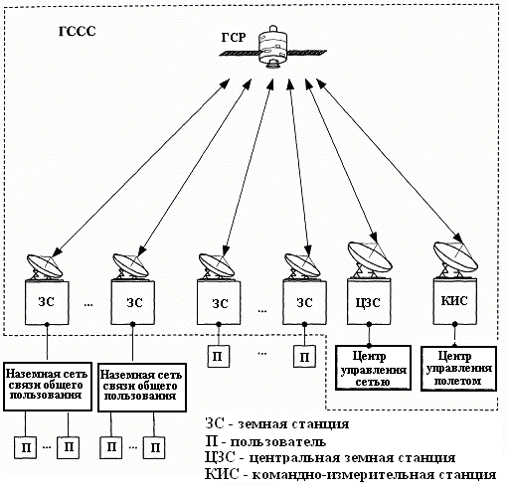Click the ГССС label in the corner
(78, 31)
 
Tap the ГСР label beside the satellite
(234, 38)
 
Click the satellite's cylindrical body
(272, 47)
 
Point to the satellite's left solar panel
(239, 53)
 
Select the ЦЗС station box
(369, 301)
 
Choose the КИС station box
(455, 301)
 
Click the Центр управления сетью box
(374, 368)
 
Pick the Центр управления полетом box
(459, 369)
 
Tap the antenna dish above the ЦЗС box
(370, 256)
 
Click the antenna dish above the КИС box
(455, 256)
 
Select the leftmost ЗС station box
(47, 302)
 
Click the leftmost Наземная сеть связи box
(48, 387)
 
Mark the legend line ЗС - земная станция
(277, 423)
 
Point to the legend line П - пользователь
(265, 441)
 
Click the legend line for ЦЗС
(330, 458)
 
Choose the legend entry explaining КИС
(350, 474)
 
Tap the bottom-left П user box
(25, 447)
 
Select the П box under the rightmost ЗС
(304, 357)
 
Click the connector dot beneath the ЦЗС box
(369, 346)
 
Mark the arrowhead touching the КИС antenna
(458, 239)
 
